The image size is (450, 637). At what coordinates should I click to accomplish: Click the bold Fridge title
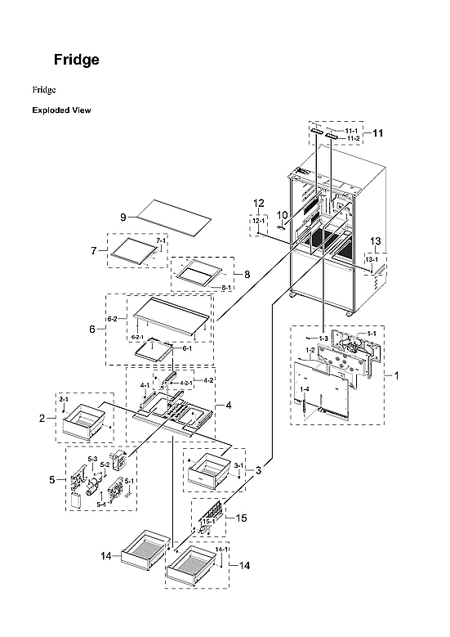pos(77,61)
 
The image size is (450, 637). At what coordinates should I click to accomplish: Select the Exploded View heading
pos(62,110)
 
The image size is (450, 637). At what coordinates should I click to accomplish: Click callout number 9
pos(123,217)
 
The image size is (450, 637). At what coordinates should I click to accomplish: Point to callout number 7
pos(94,249)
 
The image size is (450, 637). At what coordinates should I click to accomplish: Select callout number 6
pos(92,329)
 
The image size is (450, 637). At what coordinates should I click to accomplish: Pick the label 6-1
pos(186,348)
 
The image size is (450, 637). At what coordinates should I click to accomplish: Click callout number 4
pos(229,405)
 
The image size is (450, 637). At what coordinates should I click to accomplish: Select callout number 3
pos(258,470)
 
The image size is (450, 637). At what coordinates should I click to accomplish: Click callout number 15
pos(241,518)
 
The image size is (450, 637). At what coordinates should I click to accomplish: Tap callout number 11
pos(378,132)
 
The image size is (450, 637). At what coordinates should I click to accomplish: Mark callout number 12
pos(258,203)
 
